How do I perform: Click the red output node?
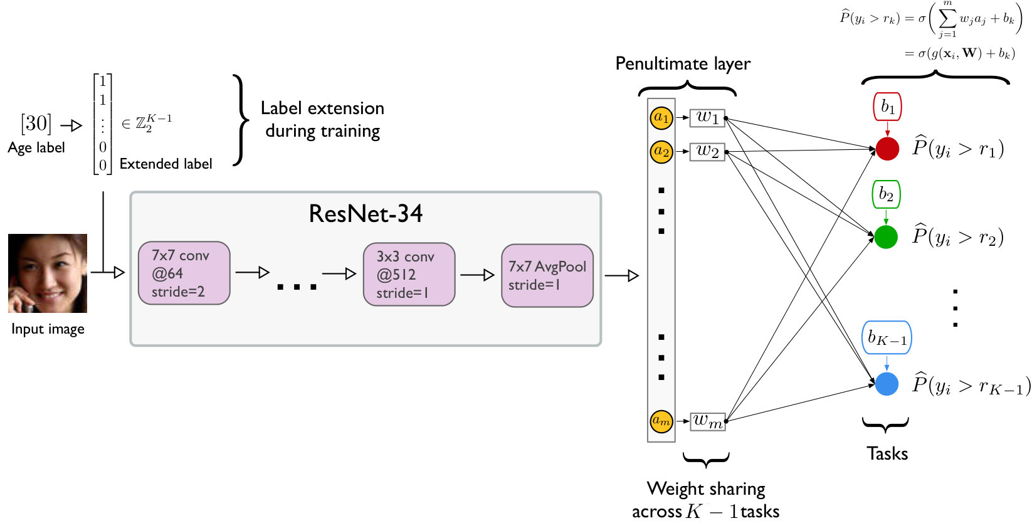coord(887,149)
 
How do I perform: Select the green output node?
coord(886,237)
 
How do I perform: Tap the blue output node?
coord(887,384)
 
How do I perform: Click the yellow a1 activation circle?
coord(661,117)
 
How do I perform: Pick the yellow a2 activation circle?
coord(661,152)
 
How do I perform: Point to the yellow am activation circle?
coord(661,421)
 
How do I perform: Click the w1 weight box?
coord(707,118)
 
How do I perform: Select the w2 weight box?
coord(707,152)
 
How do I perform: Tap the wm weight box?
coord(708,421)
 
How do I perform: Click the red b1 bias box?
coord(887,107)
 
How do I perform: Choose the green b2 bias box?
coord(886,194)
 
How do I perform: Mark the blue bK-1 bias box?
coord(887,338)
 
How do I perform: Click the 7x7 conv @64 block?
coord(184,273)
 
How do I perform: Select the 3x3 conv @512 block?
coord(409,275)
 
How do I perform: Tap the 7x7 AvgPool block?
coord(547,275)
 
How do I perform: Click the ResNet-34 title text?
coord(366,214)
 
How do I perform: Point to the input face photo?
coord(48,273)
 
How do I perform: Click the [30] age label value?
coord(36,123)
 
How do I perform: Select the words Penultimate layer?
coord(683,63)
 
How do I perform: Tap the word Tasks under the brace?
coord(887,454)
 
